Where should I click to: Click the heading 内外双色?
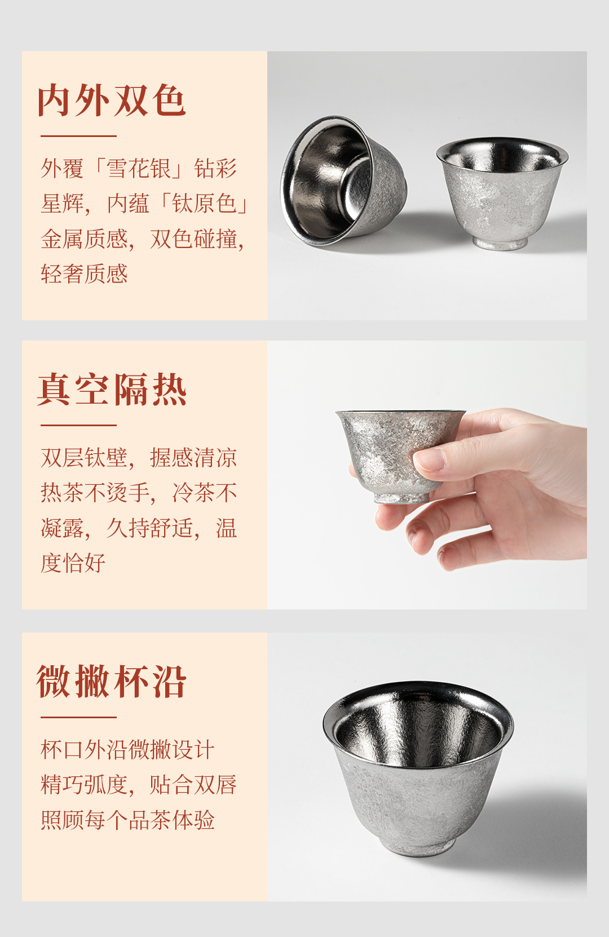point(112,100)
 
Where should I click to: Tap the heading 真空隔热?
point(112,390)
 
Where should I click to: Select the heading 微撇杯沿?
point(112,682)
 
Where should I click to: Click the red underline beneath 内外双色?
point(78,136)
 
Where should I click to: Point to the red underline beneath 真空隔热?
point(78,426)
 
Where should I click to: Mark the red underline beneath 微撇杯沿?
point(78,717)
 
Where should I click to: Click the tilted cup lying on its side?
point(343,181)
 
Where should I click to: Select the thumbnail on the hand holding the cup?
point(430,459)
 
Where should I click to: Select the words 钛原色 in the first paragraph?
point(205,204)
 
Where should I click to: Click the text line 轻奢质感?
point(84,273)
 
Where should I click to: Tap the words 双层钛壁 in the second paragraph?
point(84,458)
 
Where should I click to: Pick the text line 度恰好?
point(73,563)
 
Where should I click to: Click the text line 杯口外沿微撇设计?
point(127,750)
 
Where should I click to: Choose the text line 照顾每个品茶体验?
point(127,820)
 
